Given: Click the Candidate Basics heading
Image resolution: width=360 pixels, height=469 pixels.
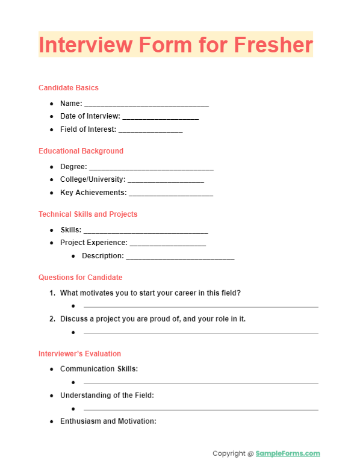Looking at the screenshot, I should tap(69, 88).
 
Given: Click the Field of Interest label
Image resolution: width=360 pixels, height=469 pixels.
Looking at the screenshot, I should tap(88, 130).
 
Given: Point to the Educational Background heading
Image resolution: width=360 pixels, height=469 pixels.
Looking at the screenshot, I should tap(81, 151).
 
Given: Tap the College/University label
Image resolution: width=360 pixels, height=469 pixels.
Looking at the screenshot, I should tap(93, 179).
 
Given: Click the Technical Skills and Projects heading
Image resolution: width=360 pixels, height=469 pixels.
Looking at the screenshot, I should tap(88, 214).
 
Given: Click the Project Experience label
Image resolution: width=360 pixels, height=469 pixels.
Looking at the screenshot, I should tap(94, 243).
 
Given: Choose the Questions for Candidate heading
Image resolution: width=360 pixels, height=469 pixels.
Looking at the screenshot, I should tap(81, 278).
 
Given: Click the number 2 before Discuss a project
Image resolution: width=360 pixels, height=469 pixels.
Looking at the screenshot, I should tap(52, 319).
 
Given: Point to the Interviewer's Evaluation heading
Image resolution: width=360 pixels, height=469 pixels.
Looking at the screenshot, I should tap(80, 354).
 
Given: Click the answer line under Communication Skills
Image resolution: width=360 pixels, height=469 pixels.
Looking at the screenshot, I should tap(200, 383).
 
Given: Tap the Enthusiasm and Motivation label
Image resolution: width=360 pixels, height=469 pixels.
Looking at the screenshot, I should tap(108, 421).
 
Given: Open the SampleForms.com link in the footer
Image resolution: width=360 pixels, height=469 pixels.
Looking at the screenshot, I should tap(288, 454).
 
